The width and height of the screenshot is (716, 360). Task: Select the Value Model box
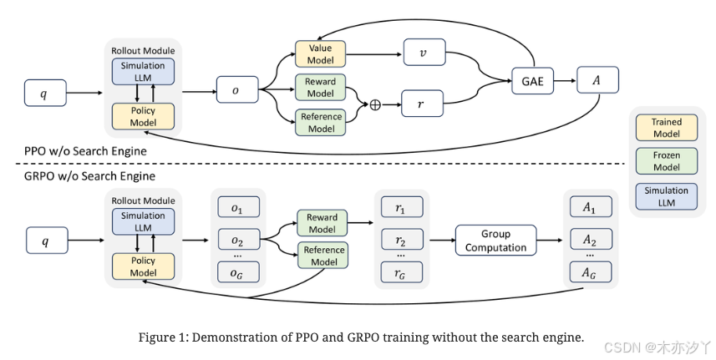pos(320,54)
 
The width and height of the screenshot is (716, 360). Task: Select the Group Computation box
pos(496,241)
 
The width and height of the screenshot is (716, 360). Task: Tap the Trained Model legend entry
pos(666,128)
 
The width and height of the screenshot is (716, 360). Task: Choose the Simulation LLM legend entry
pos(666,195)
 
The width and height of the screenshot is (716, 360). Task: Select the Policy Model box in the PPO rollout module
pos(143,116)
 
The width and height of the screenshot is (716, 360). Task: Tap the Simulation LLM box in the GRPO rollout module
pos(143,222)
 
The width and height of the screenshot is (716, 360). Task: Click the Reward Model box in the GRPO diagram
pos(322,223)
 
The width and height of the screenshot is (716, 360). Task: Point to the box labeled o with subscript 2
pos(236,240)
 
